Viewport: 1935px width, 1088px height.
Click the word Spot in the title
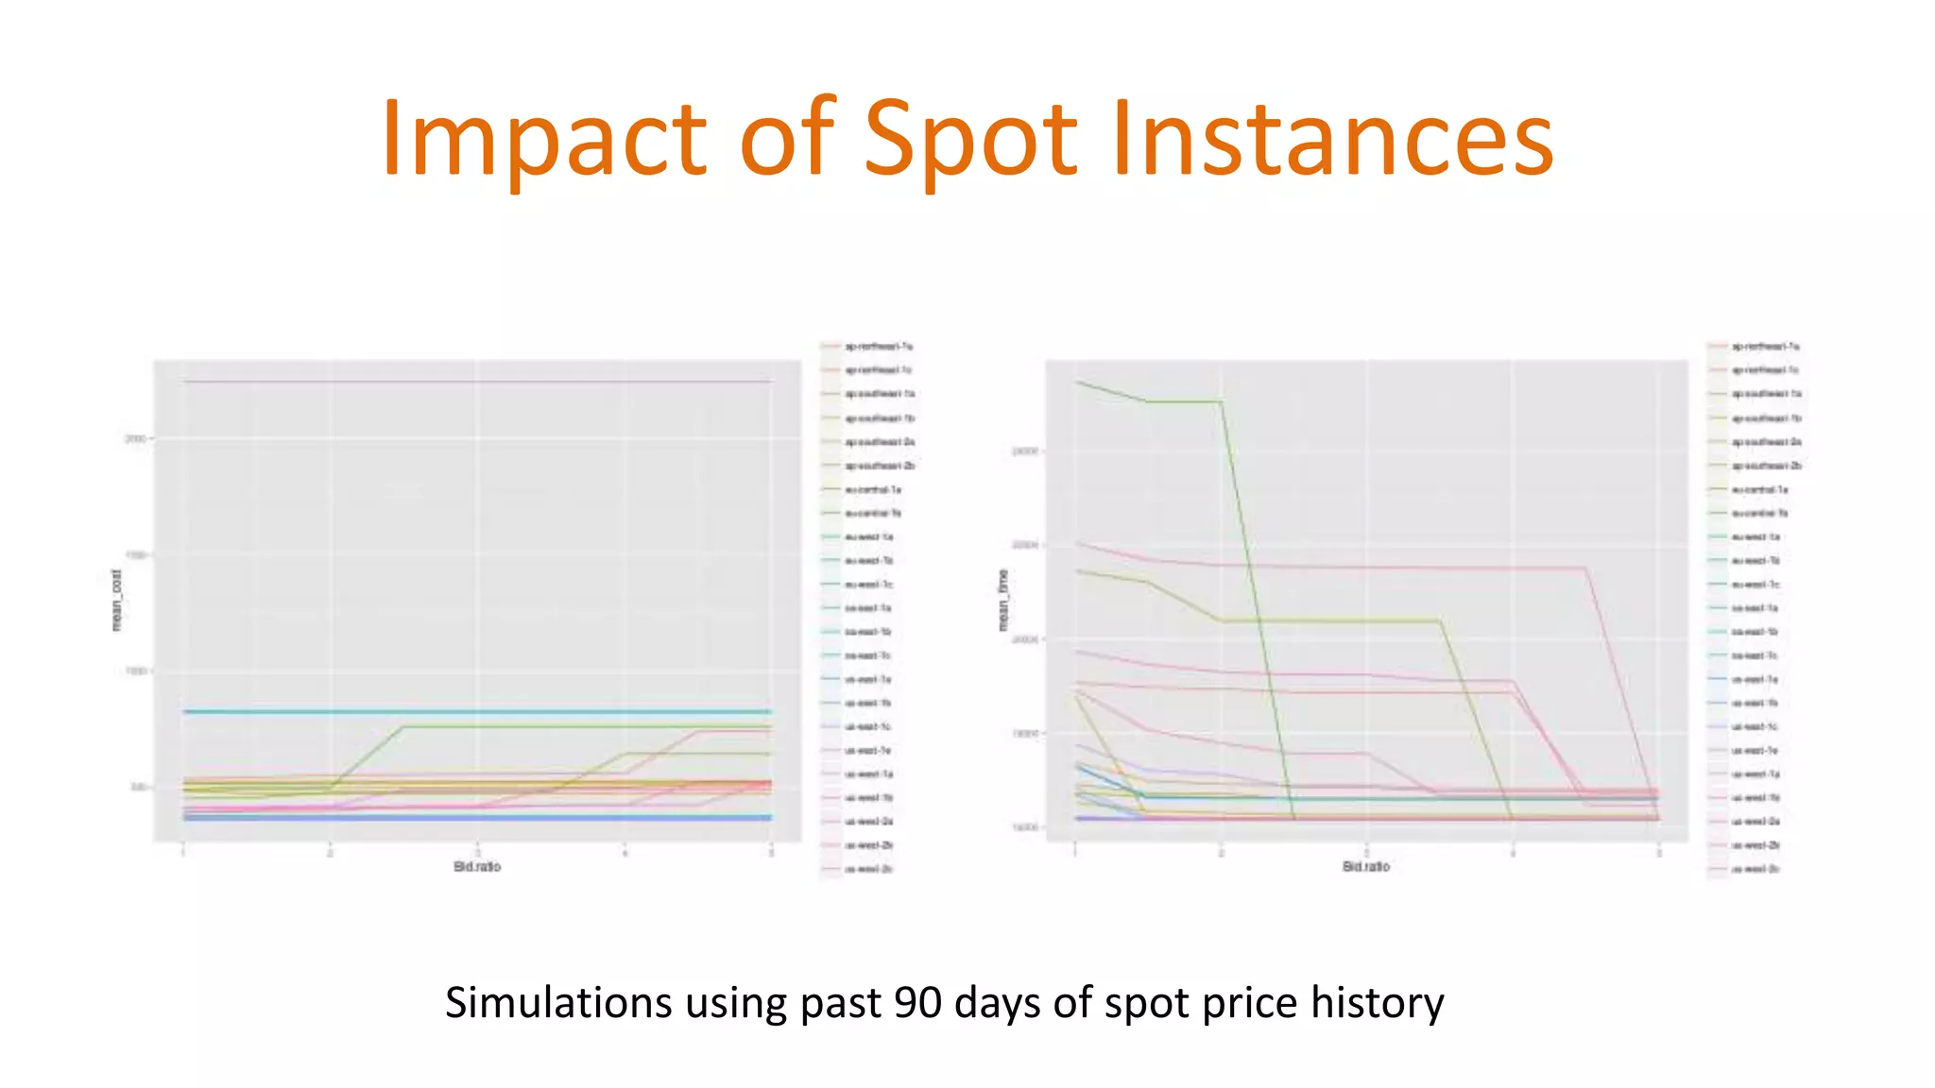tap(969, 140)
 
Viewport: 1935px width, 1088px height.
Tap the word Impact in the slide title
tap(543, 140)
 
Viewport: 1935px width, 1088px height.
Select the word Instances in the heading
tap(1332, 140)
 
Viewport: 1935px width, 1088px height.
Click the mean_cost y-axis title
tap(116, 601)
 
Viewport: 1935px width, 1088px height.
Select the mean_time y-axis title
tap(1003, 601)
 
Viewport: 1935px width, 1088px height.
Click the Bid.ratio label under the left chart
tap(477, 867)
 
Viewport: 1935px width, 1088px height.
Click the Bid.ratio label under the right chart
tap(1366, 867)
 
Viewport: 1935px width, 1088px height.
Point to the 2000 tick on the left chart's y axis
tap(135, 439)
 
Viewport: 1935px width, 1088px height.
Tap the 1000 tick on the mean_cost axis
tap(135, 671)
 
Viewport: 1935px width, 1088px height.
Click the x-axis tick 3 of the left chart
tap(477, 853)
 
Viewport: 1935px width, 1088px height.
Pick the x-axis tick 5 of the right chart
tap(1658, 853)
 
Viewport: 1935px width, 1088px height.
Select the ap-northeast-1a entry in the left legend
tap(877, 347)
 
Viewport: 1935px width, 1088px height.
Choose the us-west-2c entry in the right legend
tap(1755, 869)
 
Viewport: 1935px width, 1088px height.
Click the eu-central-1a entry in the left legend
tap(872, 489)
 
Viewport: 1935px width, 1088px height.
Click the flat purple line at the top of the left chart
tap(477, 382)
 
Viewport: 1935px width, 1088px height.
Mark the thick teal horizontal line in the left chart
tap(477, 711)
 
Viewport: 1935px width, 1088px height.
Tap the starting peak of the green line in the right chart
tap(1077, 382)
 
